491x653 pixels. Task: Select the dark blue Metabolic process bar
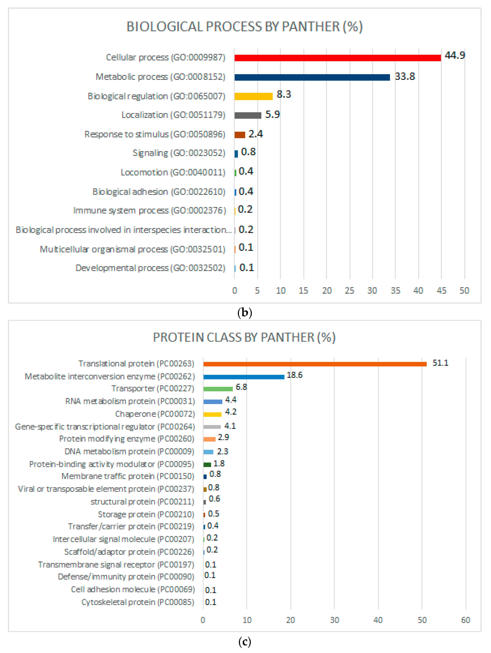tap(312, 77)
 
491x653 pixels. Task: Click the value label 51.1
tap(440, 363)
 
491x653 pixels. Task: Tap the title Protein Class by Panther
tap(244, 337)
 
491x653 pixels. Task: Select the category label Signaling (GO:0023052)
tap(179, 153)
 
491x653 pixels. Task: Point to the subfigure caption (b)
tap(244, 312)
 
